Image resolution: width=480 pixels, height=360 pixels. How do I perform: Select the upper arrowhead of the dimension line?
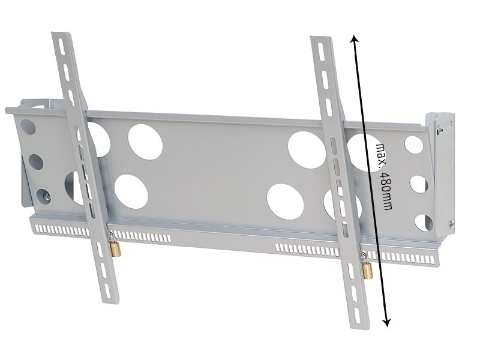pyautogui.click(x=354, y=38)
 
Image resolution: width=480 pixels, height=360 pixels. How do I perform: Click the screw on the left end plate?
pyautogui.click(x=47, y=197)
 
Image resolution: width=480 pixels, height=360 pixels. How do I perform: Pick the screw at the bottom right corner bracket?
pyautogui.click(x=451, y=224)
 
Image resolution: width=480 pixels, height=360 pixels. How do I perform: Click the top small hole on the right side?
pyautogui.click(x=413, y=145)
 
